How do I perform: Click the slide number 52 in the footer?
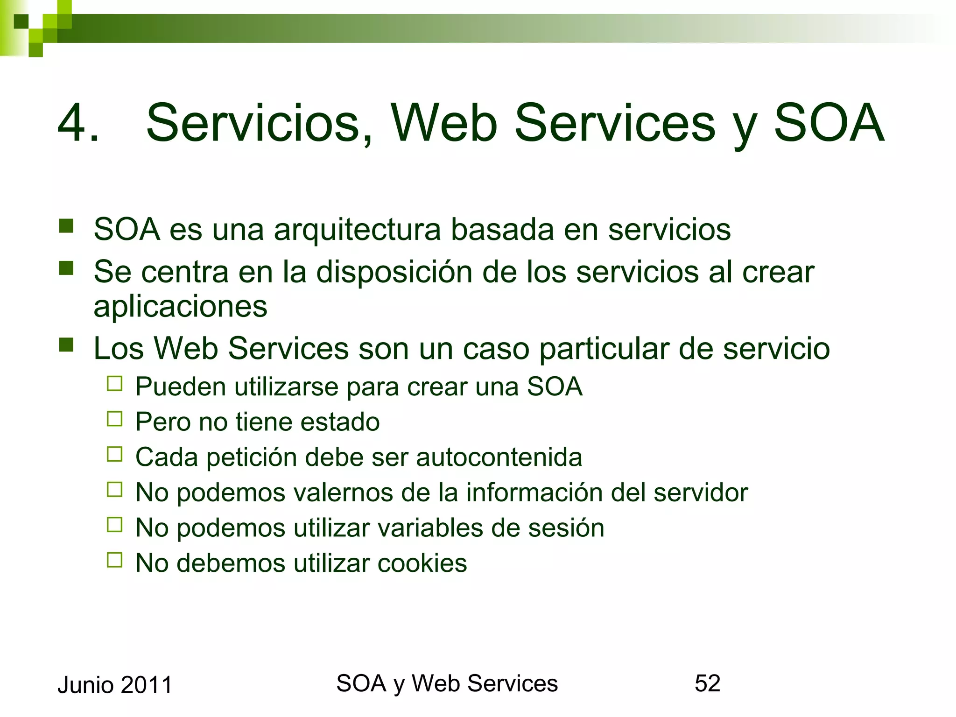coord(707,683)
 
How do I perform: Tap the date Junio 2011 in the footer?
coord(115,685)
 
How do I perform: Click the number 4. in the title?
coord(78,123)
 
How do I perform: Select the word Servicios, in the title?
coord(260,123)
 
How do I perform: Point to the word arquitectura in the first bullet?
coord(357,230)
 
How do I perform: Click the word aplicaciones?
coord(180,307)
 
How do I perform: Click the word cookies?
coord(422,563)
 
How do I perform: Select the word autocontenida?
coord(499,457)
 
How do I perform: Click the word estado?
coord(340,422)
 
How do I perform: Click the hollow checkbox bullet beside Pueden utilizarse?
coord(114,384)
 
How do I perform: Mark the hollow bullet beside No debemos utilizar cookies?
coord(114,560)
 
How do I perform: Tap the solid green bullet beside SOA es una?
coord(66,226)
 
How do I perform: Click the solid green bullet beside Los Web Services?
coord(66,345)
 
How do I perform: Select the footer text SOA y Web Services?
coord(447,683)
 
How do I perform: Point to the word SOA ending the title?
coord(829,123)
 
